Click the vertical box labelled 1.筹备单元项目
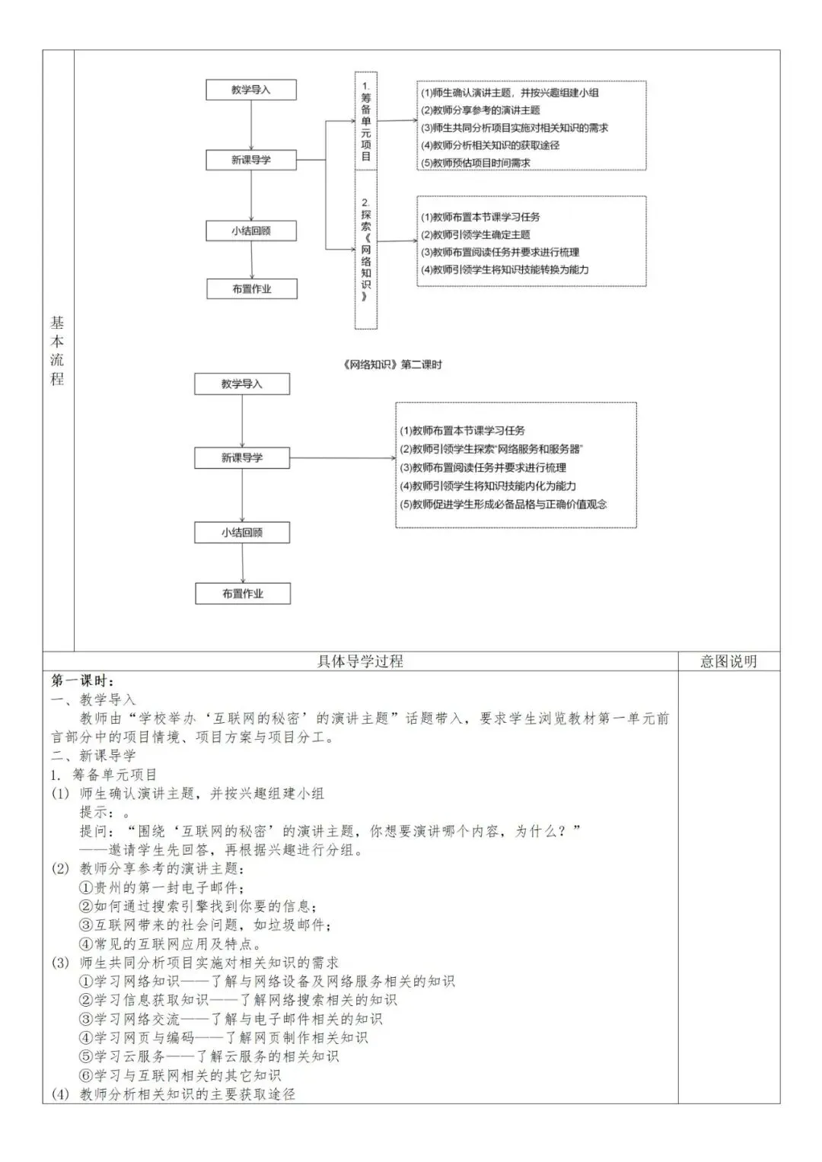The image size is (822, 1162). click(366, 120)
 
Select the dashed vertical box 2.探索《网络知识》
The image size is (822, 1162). click(366, 250)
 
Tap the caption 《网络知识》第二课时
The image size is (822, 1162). click(392, 365)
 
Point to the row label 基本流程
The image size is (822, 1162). click(58, 351)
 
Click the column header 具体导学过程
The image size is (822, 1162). click(360, 661)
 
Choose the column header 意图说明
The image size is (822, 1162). click(728, 661)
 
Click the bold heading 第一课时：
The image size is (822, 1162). click(83, 680)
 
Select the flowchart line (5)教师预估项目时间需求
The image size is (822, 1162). click(476, 163)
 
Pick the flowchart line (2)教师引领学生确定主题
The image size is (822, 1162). click(476, 234)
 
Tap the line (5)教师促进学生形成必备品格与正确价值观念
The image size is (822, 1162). click(504, 504)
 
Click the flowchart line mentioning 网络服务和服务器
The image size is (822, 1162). click(492, 449)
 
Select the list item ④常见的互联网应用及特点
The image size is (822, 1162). click(170, 944)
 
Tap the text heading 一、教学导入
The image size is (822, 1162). click(94, 699)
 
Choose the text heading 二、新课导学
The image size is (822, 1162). click(94, 756)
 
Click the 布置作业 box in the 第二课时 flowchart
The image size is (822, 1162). click(243, 594)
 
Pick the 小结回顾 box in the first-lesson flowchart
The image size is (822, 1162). click(251, 231)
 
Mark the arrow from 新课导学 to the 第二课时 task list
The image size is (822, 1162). click(342, 457)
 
